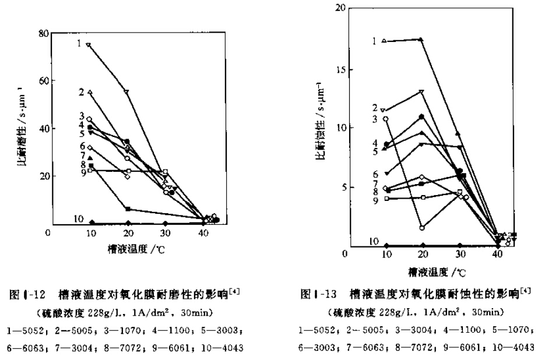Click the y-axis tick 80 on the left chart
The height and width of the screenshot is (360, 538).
tap(41, 34)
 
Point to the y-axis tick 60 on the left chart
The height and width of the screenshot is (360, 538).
tap(41, 81)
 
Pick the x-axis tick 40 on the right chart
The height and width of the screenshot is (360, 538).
tap(497, 255)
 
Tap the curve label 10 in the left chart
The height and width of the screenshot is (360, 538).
tap(79, 219)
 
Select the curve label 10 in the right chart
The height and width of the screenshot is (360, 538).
tap(375, 241)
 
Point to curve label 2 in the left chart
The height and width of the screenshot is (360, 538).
tap(81, 92)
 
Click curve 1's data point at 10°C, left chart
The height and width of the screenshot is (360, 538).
tap(89, 44)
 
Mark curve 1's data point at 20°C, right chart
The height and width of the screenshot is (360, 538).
tap(421, 40)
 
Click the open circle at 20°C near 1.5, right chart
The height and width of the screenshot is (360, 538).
tap(421, 227)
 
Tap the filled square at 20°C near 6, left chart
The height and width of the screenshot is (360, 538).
tap(128, 209)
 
